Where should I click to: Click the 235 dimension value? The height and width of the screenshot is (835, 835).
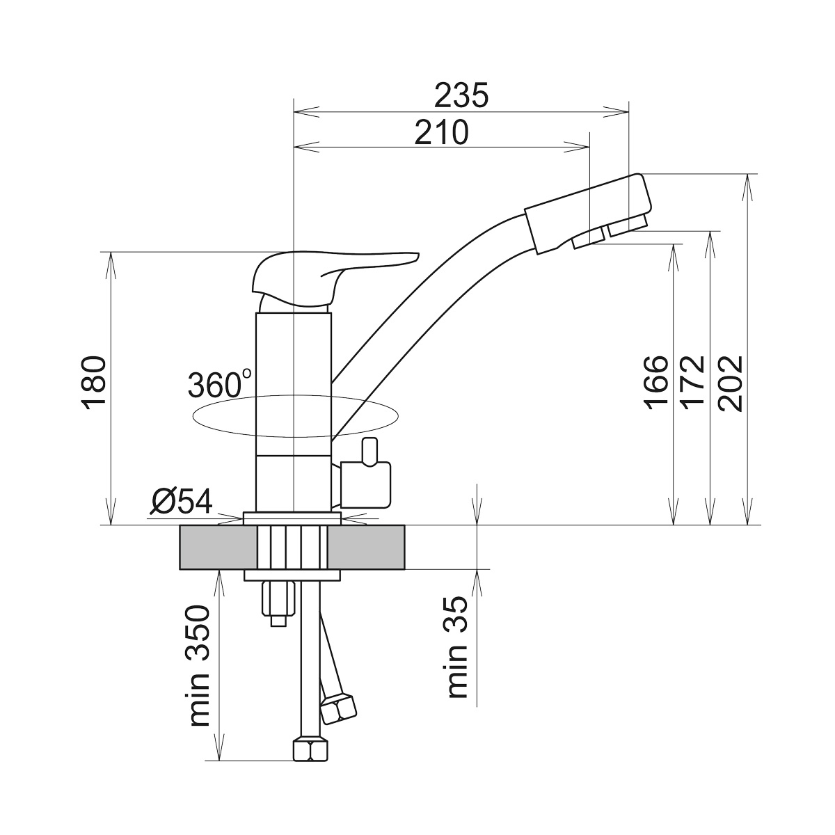click(x=461, y=95)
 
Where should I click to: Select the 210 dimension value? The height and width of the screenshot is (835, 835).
click(x=442, y=133)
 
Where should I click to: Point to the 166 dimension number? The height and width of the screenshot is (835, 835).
click(x=656, y=383)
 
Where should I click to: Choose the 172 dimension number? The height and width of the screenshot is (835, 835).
click(x=693, y=383)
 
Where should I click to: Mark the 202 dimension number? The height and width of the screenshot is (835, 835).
click(x=730, y=383)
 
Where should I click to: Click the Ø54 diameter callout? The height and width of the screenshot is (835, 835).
click(x=182, y=501)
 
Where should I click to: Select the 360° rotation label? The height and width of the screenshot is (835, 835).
click(x=219, y=383)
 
